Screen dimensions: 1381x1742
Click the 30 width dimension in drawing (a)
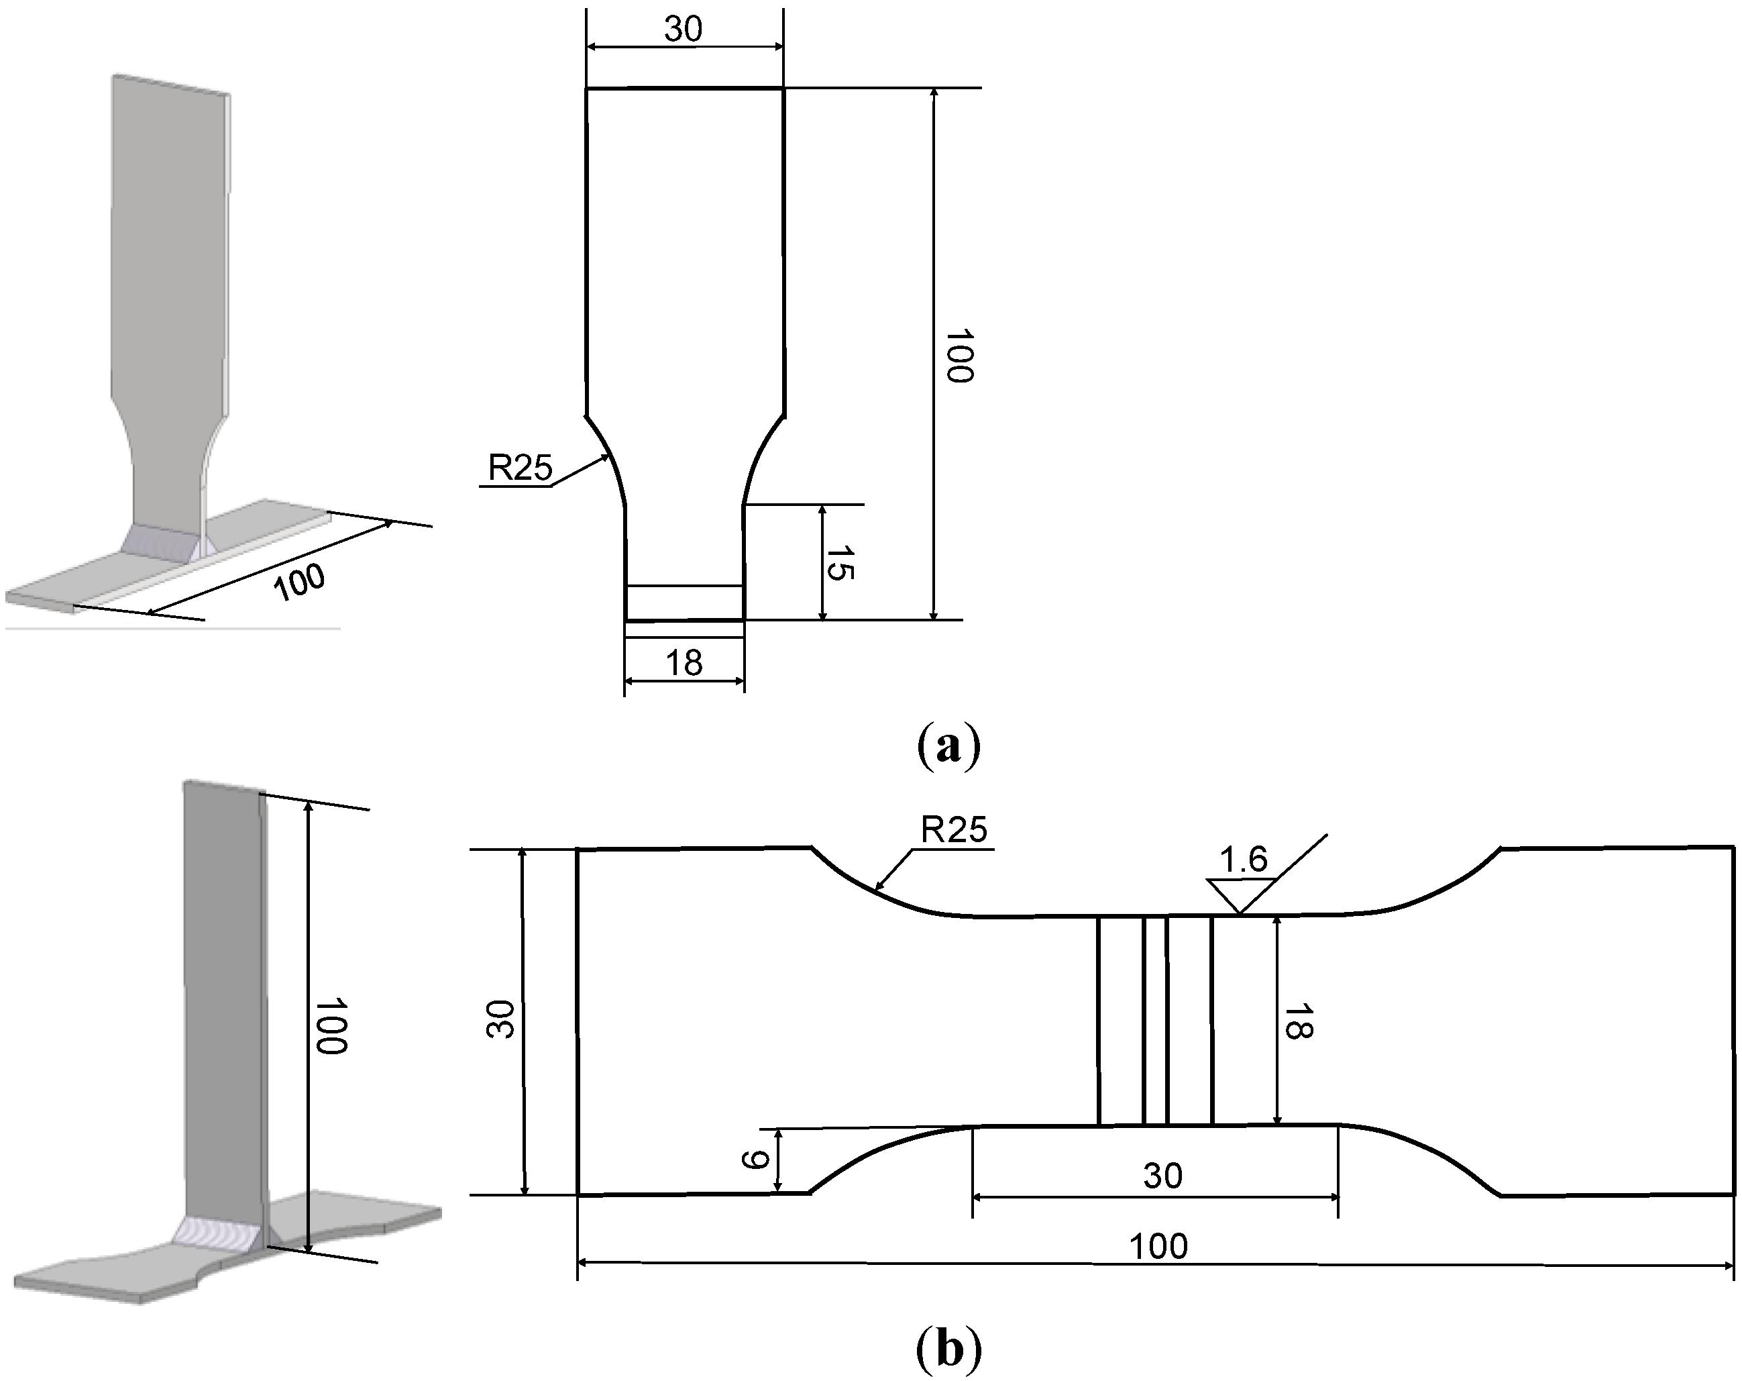point(684,29)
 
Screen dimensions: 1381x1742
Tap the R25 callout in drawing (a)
point(520,468)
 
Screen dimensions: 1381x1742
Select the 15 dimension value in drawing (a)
point(840,562)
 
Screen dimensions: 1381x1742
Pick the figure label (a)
point(948,744)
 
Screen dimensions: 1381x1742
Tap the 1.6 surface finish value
point(1244,860)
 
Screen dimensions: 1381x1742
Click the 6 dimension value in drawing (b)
point(754,1160)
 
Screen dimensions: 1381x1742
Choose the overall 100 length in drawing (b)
point(1158,1247)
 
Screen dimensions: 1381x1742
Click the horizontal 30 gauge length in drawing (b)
point(1162,1176)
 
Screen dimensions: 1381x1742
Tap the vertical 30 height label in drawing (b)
point(501,1019)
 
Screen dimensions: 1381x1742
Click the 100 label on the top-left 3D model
point(299,581)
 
